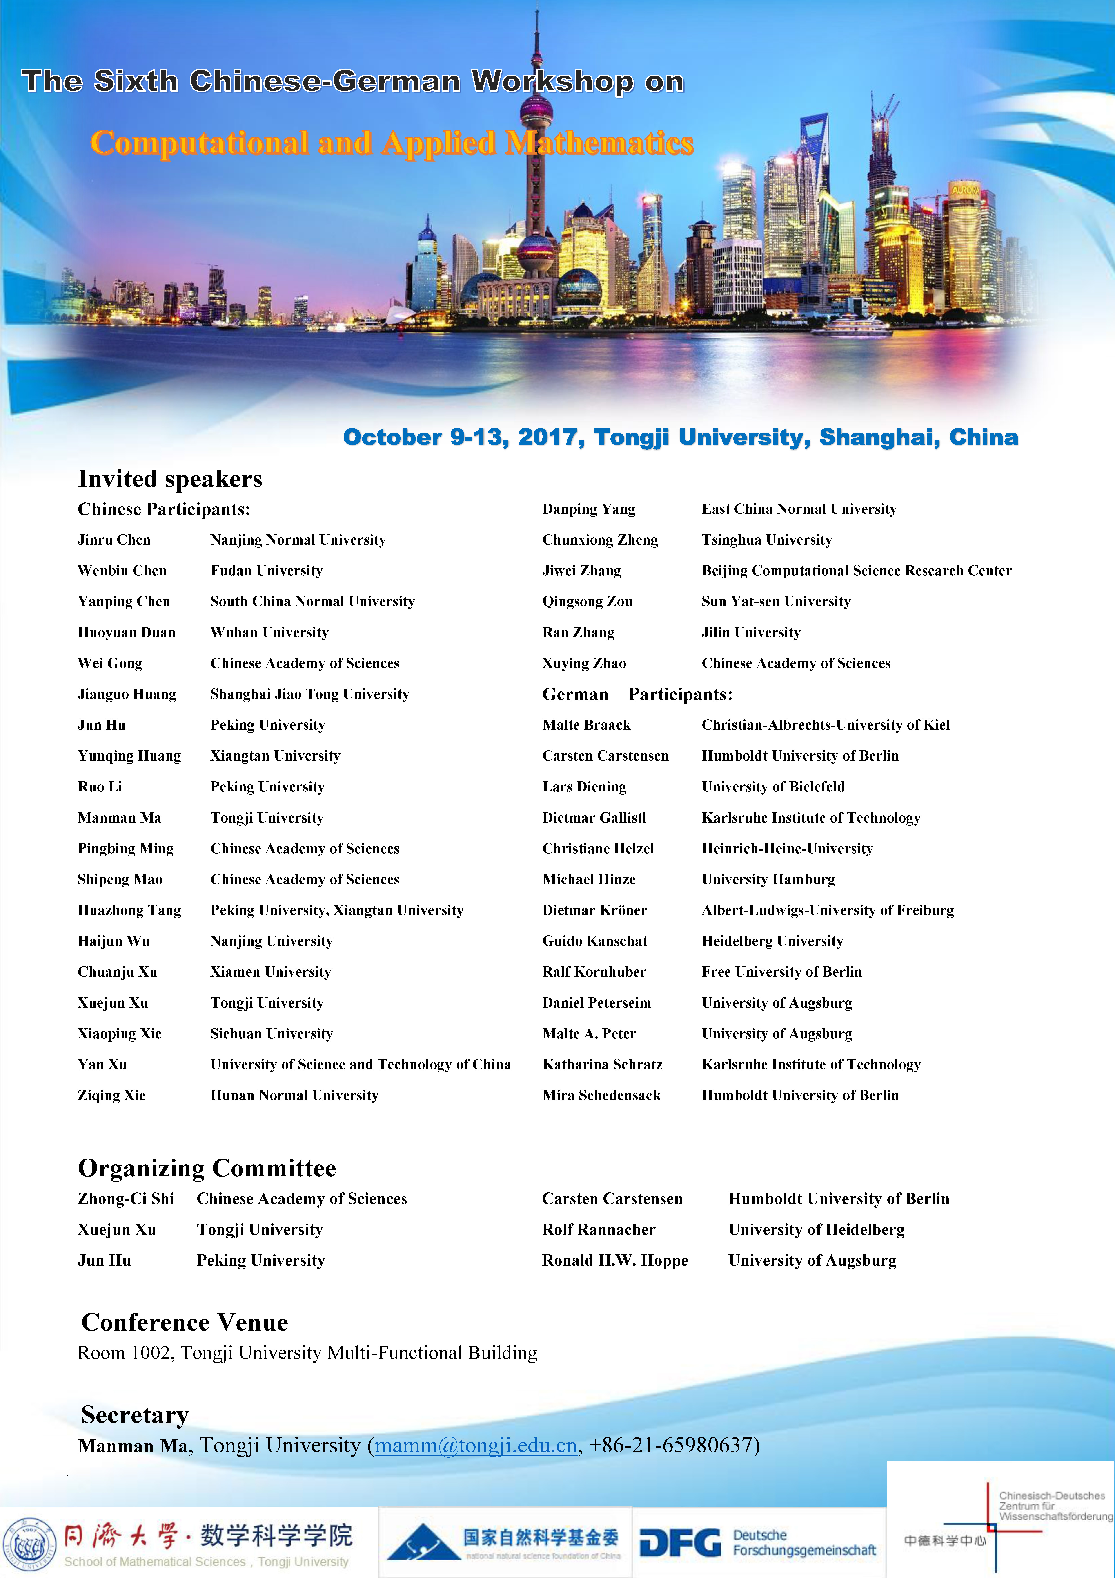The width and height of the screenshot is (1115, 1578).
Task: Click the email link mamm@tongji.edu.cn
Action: point(475,1445)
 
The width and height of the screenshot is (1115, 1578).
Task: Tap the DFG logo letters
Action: point(680,1543)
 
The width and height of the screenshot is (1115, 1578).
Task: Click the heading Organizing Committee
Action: point(207,1168)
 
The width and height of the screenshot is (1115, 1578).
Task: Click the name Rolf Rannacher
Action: point(598,1230)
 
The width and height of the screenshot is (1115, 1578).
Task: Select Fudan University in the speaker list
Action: point(267,570)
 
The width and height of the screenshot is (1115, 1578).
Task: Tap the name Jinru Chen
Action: point(114,540)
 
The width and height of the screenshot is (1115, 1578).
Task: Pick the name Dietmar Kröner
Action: point(594,910)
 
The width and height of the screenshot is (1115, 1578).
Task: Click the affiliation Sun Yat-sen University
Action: point(776,601)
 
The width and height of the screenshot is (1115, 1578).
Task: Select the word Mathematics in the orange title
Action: point(599,143)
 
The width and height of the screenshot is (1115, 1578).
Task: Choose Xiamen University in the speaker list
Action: point(271,972)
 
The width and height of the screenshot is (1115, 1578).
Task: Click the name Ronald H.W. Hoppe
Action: point(615,1260)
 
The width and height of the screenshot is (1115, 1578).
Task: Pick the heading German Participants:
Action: point(637,694)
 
